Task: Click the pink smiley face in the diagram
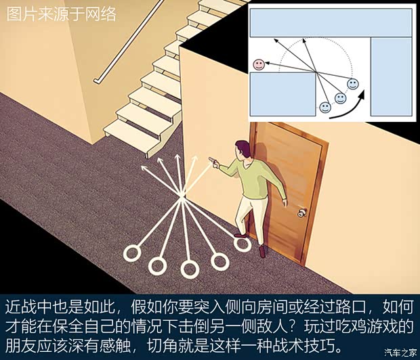point(259,64)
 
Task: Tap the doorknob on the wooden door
point(303,213)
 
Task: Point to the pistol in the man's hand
point(213,161)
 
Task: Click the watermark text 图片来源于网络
point(61,14)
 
